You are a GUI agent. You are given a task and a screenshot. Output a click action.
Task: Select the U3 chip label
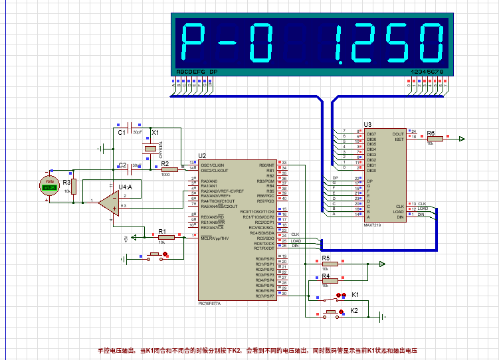[367, 124]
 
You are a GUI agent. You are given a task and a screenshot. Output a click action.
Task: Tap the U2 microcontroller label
[202, 155]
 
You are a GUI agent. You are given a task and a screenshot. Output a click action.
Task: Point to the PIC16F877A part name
[209, 303]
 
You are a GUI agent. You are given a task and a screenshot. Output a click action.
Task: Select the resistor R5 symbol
[330, 264]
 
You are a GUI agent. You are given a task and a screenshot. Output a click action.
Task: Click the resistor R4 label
[326, 275]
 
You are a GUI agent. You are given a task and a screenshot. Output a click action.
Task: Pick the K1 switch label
[355, 294]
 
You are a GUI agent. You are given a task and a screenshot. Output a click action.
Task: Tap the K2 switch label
[354, 310]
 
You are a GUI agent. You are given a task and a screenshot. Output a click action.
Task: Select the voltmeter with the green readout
[49, 185]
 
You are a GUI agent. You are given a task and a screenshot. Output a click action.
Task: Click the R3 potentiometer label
[66, 181]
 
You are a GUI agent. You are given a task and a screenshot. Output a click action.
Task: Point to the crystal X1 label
[155, 133]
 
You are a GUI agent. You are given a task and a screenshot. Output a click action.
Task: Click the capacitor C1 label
[122, 133]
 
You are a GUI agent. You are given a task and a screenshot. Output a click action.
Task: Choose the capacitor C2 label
[122, 165]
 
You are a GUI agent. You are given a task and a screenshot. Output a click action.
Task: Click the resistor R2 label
[165, 163]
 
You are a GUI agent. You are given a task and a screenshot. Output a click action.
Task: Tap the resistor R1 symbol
[166, 236]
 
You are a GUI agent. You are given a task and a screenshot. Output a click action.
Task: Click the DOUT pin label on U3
[397, 134]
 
